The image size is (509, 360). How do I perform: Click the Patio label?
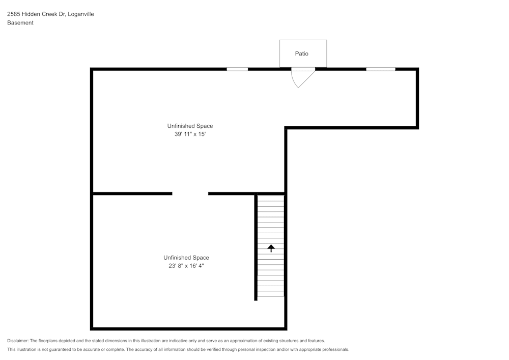pyautogui.click(x=302, y=53)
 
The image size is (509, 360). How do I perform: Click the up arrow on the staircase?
pyautogui.click(x=271, y=248)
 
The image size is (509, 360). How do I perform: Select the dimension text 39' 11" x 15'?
pyautogui.click(x=190, y=134)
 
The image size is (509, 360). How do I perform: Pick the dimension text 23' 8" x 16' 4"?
pyautogui.click(x=186, y=266)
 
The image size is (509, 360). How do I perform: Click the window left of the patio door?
pyautogui.click(x=237, y=69)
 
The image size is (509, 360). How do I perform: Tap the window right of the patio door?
pyautogui.click(x=381, y=69)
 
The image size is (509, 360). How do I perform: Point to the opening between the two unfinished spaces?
pyautogui.click(x=190, y=193)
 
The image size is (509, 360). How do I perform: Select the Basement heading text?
pyautogui.click(x=20, y=23)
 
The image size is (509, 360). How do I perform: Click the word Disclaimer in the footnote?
pyautogui.click(x=18, y=341)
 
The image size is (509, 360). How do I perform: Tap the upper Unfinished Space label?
pyautogui.click(x=190, y=126)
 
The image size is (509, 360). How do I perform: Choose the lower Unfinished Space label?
pyautogui.click(x=186, y=258)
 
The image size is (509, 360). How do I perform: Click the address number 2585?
pyautogui.click(x=14, y=14)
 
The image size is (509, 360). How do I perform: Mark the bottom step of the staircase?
pyautogui.click(x=271, y=293)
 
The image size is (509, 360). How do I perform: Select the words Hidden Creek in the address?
pyautogui.click(x=44, y=14)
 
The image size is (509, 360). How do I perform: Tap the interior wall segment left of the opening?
pyautogui.click(x=132, y=193)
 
